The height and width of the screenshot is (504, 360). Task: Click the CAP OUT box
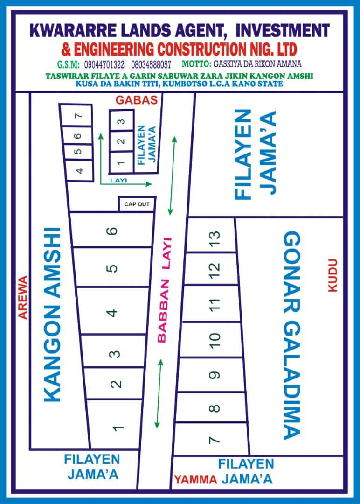[x=137, y=204]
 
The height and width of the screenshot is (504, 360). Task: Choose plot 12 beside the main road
[x=214, y=268]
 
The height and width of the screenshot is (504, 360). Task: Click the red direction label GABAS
[x=137, y=100]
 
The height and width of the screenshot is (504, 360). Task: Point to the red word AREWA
[x=22, y=297]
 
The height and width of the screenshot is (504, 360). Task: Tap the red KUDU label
[x=332, y=275]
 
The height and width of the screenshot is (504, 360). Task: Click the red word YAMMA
[x=195, y=479]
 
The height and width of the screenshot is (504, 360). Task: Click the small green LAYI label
[x=118, y=179]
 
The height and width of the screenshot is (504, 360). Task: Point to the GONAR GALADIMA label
[x=292, y=335]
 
